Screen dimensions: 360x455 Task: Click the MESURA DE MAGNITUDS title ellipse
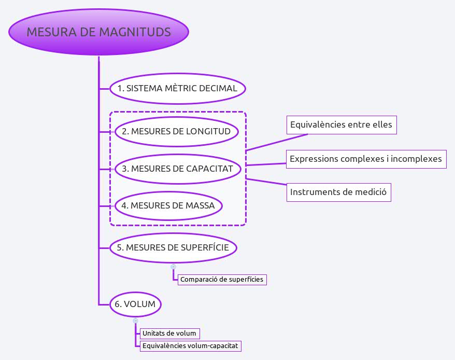click(x=98, y=32)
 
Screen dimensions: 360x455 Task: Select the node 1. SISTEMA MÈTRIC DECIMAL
click(x=177, y=88)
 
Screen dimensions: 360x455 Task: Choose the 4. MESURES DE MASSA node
click(x=168, y=205)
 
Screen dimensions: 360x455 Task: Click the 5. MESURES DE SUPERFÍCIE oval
click(x=173, y=247)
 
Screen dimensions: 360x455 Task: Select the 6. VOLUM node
click(x=135, y=304)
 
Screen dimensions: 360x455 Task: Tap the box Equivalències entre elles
click(x=341, y=125)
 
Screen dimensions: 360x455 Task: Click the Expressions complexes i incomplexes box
click(x=366, y=159)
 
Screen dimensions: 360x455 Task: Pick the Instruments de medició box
click(x=338, y=192)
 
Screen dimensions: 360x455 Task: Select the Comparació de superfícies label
click(x=222, y=280)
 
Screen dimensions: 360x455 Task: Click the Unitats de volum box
click(x=169, y=333)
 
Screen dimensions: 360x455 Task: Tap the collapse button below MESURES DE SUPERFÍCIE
click(x=173, y=267)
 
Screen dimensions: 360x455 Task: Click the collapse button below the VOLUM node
click(x=135, y=321)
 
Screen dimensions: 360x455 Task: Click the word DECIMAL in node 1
click(x=219, y=88)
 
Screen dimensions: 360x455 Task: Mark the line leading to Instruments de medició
click(x=267, y=182)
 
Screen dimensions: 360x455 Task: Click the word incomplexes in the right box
click(x=418, y=159)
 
